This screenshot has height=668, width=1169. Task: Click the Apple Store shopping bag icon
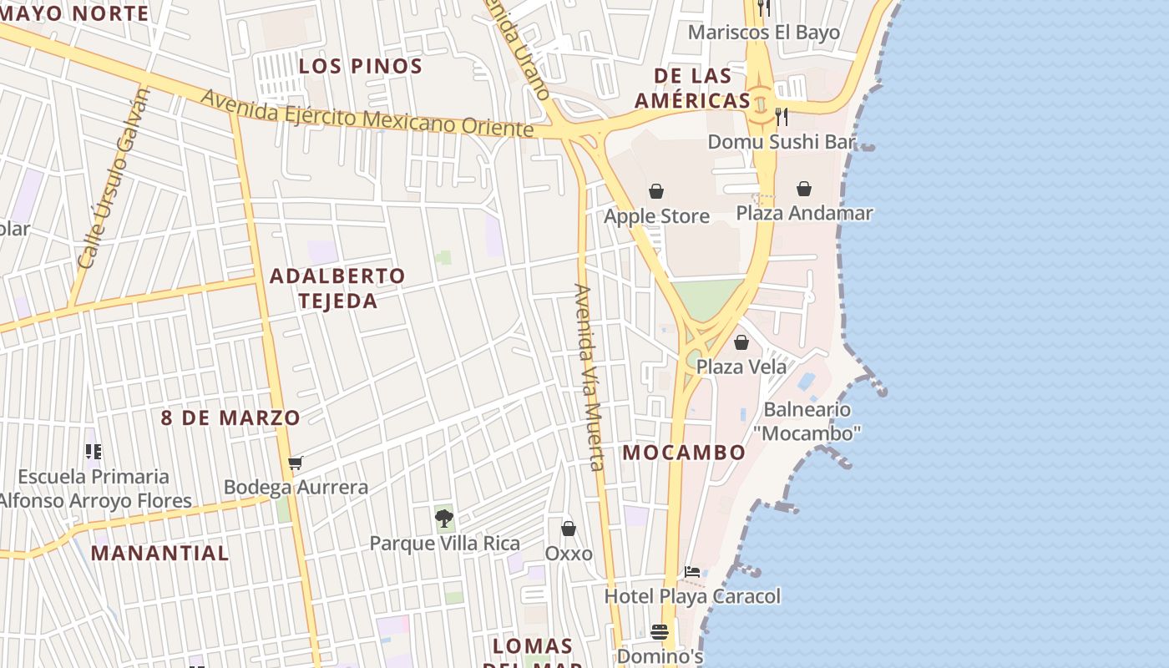656,192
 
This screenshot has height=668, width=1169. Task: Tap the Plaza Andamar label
804,213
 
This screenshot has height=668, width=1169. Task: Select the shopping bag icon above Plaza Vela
741,342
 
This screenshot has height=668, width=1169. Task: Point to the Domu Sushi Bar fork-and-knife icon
782,115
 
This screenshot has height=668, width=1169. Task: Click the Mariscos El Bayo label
763,33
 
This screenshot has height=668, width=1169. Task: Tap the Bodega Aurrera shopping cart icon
295,463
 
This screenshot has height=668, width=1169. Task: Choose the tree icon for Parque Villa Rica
444,519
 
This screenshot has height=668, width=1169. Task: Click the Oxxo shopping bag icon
569,529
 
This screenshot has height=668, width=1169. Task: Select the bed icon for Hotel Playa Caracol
692,572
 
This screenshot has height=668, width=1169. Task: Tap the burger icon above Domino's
660,632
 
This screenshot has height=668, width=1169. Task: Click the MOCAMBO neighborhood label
684,453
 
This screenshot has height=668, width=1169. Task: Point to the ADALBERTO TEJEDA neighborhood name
337,288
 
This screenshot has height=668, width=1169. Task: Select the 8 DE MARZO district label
230,417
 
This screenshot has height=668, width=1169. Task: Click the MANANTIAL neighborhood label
159,553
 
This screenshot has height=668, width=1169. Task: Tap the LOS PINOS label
361,66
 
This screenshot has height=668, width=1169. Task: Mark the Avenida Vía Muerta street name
589,377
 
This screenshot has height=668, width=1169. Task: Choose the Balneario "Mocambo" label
807,422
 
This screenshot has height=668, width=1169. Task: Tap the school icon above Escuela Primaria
94,452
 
